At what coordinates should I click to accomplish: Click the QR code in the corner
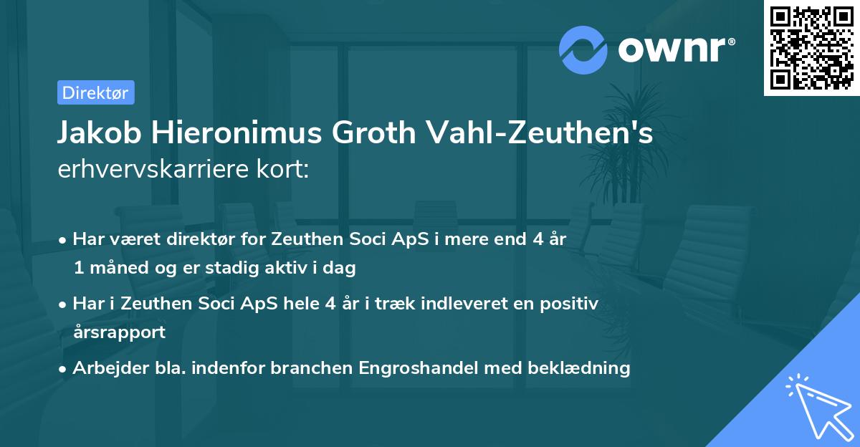(811, 47)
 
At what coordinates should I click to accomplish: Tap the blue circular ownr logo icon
(583, 49)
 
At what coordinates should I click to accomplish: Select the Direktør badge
(95, 92)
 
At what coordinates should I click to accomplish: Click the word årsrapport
(118, 332)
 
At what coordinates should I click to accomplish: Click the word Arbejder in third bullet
(105, 368)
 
